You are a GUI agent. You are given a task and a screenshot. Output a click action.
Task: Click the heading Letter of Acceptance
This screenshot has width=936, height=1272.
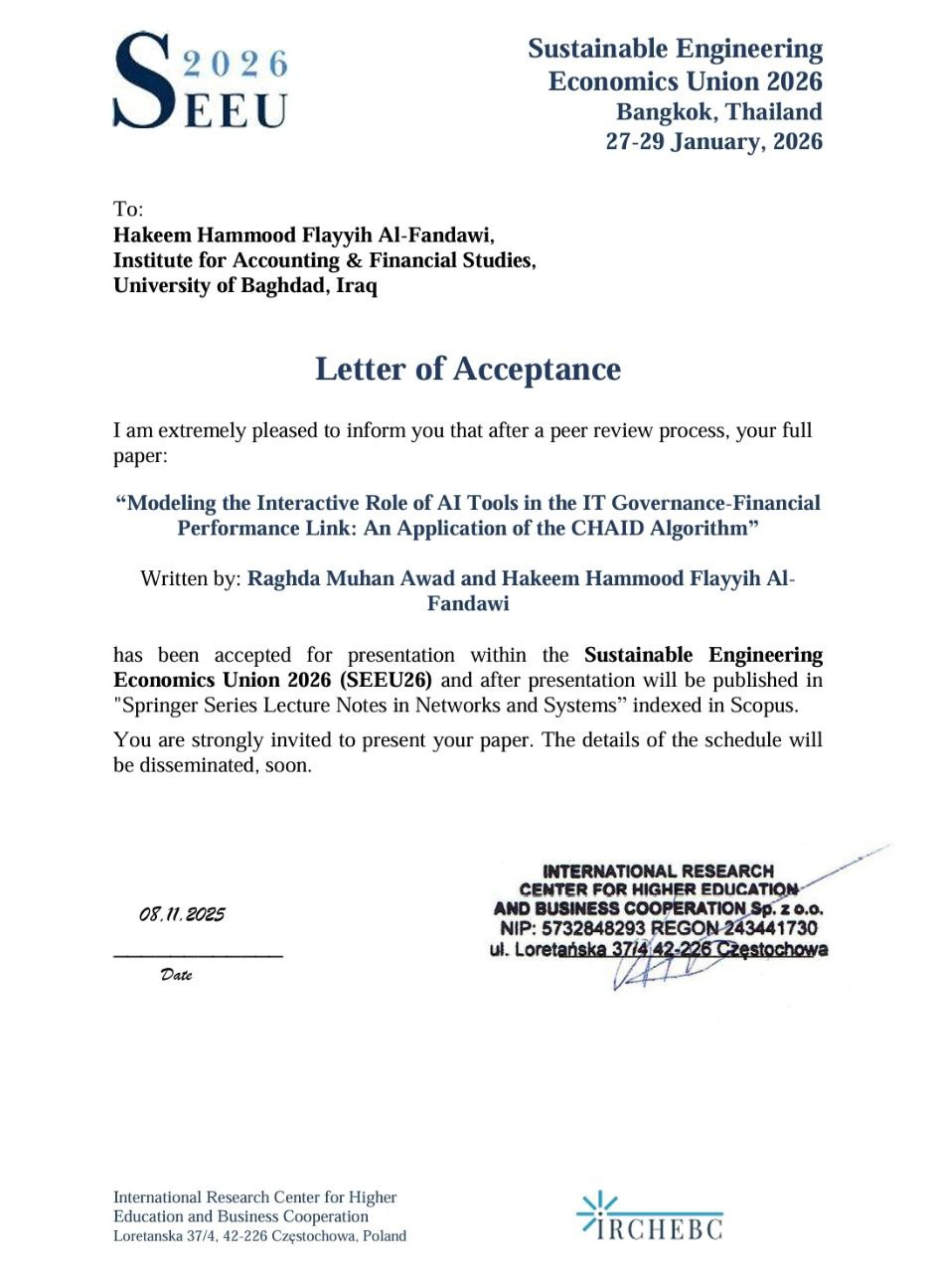(x=468, y=369)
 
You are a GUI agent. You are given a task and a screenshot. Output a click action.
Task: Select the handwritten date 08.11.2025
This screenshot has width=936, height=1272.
(x=182, y=914)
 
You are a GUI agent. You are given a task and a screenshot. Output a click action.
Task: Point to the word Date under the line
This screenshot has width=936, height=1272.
(x=176, y=976)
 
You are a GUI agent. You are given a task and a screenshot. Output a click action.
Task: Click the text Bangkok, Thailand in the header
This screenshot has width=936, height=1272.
(x=719, y=111)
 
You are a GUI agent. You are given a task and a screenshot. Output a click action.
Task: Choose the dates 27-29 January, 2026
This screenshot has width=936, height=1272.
(x=714, y=141)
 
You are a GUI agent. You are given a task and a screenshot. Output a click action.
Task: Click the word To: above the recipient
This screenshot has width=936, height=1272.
(x=128, y=209)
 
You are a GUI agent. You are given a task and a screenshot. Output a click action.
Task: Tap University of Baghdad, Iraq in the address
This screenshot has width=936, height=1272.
(x=245, y=286)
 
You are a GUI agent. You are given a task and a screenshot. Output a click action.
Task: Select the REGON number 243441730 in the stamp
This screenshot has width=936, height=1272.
(x=770, y=928)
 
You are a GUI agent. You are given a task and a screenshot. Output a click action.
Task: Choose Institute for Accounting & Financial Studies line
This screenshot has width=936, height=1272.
(x=325, y=260)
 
